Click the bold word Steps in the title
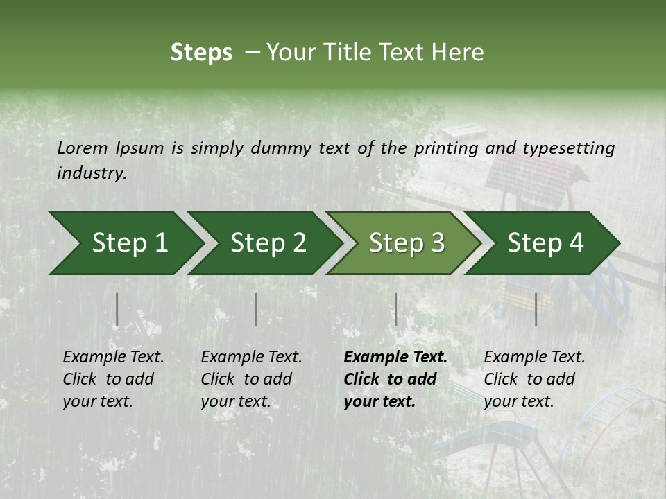201,52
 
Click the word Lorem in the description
83,148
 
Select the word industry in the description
91,173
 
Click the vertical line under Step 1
117,309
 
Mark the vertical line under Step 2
255,309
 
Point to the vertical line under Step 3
395,309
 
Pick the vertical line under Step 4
536,309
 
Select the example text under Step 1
113,379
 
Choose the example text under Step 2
251,379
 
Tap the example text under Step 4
534,379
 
